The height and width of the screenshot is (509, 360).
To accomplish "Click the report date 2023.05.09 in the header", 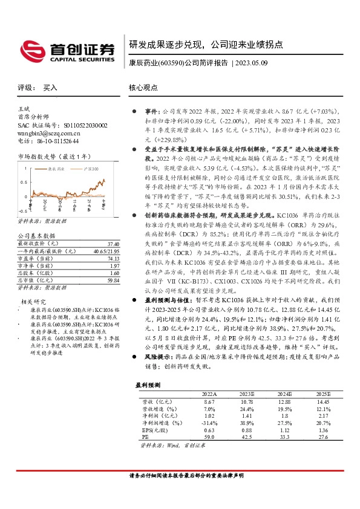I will tap(254, 62).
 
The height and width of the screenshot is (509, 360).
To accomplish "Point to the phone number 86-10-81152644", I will tap(54, 141).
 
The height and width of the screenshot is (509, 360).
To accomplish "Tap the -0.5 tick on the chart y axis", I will tap(21, 211).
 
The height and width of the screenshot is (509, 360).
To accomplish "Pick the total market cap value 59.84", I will tap(113, 281).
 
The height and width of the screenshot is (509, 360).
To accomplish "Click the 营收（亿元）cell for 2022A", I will tap(209, 401).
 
